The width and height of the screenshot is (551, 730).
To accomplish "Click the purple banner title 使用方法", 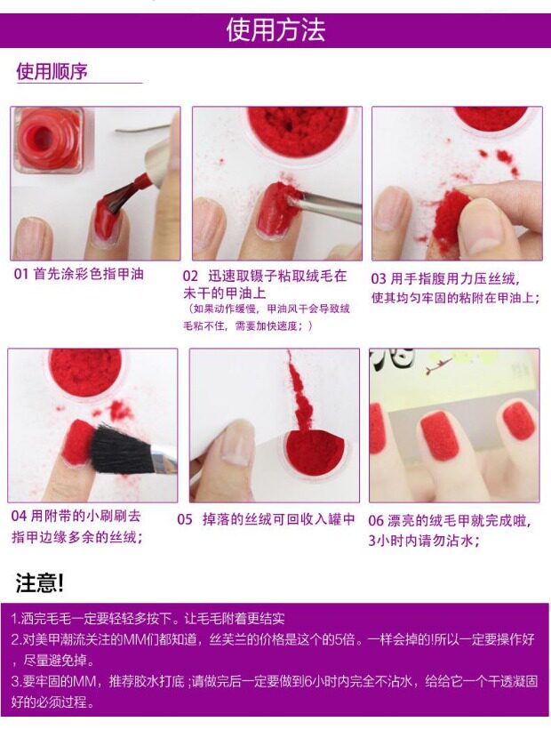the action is [x=275, y=30].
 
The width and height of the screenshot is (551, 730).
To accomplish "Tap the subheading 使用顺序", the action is [x=52, y=71].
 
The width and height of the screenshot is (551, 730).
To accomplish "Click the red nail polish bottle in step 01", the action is [x=50, y=140].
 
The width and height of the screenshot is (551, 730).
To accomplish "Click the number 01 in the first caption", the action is [x=21, y=274].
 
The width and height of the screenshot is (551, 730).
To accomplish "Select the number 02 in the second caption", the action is [x=190, y=277].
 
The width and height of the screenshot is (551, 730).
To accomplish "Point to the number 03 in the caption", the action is [x=379, y=279].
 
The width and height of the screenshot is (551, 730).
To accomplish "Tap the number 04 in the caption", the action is [x=19, y=516].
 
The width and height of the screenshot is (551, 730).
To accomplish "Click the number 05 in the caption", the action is [x=185, y=519].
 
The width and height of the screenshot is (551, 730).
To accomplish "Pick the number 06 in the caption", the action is [x=376, y=520].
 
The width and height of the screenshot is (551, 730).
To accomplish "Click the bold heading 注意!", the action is [x=40, y=582].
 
